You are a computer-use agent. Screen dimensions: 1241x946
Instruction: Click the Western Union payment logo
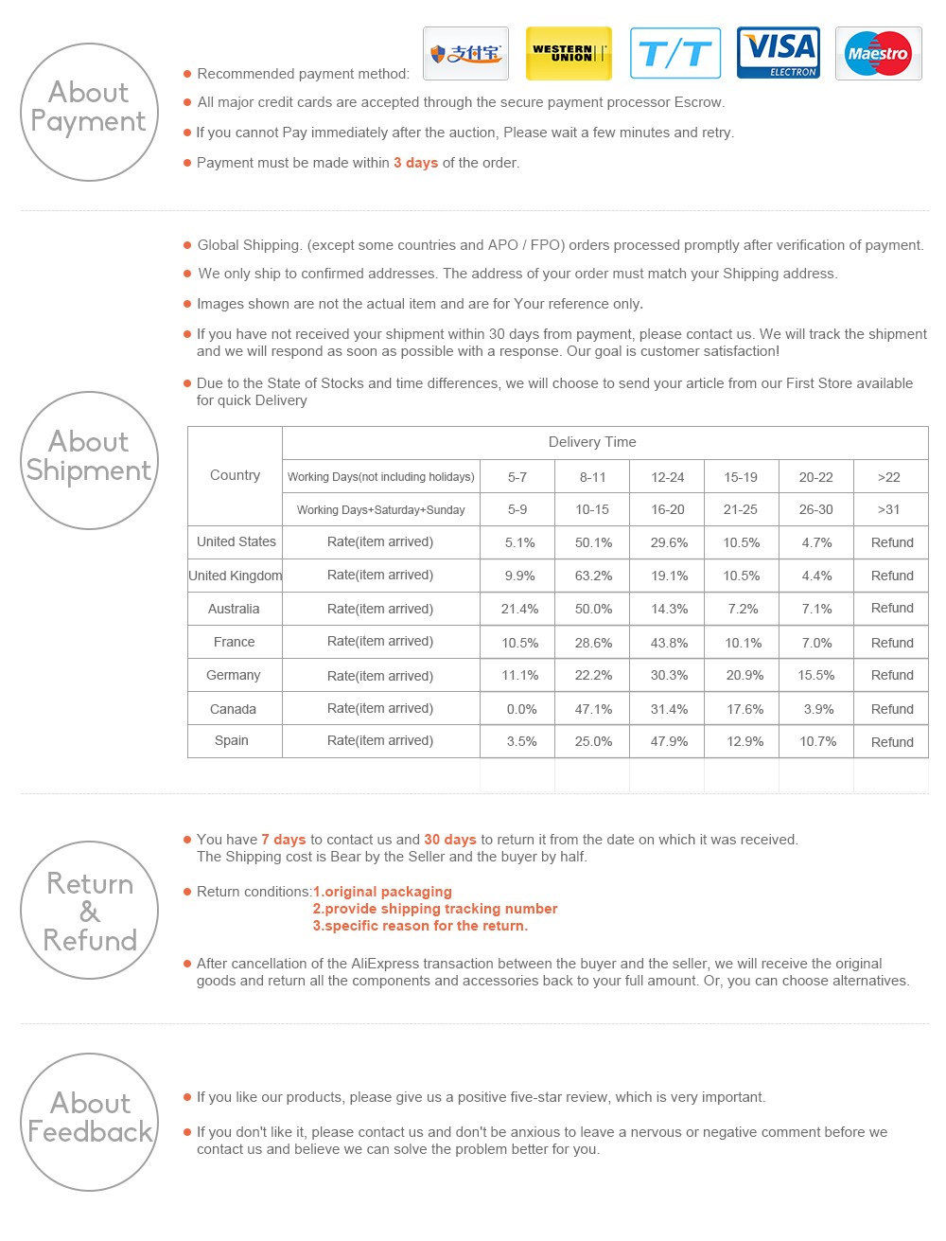(x=569, y=53)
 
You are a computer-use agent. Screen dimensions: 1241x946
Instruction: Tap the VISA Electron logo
(x=779, y=53)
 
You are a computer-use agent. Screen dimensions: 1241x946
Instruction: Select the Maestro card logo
(x=878, y=53)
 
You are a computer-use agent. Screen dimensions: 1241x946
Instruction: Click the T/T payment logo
(x=674, y=53)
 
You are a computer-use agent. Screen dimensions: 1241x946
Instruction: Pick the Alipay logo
(x=465, y=53)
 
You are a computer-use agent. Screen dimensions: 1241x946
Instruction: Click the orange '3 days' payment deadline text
(x=415, y=163)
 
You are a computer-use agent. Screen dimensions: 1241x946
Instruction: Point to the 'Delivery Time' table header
(x=592, y=442)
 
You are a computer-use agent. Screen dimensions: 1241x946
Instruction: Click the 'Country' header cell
(x=235, y=475)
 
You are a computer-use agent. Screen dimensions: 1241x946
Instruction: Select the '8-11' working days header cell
(x=592, y=477)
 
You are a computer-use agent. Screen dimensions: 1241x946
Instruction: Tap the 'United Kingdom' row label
(x=235, y=576)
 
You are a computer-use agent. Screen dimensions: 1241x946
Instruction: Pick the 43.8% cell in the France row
(x=669, y=643)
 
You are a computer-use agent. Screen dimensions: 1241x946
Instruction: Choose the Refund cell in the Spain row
(x=892, y=742)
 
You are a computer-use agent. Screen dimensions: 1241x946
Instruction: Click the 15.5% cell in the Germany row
(x=816, y=675)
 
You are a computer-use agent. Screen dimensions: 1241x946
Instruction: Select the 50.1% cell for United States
(x=593, y=542)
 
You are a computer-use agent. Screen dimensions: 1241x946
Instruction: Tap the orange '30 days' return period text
(x=450, y=840)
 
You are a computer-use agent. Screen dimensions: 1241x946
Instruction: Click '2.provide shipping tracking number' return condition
(x=435, y=909)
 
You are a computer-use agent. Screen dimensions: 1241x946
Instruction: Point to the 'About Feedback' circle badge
(x=90, y=1122)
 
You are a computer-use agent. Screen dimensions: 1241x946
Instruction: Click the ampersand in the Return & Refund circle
(x=90, y=912)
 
